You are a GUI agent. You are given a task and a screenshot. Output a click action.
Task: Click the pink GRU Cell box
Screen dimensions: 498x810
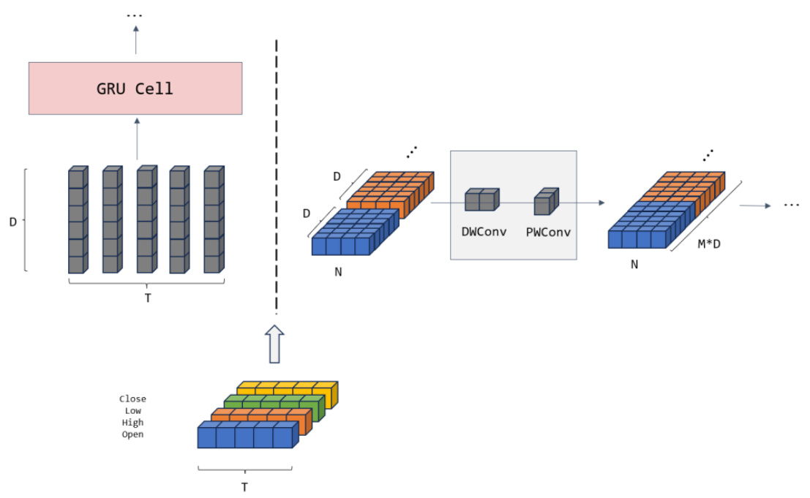point(135,88)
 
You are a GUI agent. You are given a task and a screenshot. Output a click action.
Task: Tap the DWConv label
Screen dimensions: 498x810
point(484,232)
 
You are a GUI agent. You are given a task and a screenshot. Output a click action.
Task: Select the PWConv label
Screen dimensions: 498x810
point(547,232)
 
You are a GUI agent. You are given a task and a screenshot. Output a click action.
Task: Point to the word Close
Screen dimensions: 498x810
point(132,399)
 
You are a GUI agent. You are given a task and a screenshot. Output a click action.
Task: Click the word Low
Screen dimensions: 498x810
point(132,411)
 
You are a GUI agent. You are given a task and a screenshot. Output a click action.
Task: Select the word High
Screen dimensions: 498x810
point(132,423)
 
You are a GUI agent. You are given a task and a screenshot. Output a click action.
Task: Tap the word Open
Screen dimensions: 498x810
point(132,434)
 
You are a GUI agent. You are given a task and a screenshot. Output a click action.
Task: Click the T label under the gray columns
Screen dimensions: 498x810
point(148,298)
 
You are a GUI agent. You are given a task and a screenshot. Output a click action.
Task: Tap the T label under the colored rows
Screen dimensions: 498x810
point(244,486)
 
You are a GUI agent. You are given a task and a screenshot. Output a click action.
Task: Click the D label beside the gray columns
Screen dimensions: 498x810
point(12,220)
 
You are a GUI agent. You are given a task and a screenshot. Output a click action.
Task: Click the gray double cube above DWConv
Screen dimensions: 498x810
point(482,200)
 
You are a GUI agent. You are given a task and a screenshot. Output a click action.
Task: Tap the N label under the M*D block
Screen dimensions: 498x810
point(634,265)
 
